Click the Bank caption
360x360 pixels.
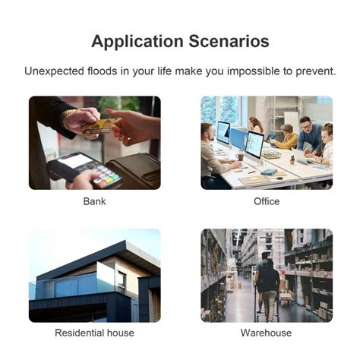coord(95,201)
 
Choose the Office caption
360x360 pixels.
coord(267,201)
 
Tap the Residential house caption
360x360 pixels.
coord(95,333)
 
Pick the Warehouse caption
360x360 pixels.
coord(266,333)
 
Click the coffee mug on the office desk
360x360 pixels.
coord(240,156)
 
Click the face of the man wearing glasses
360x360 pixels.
coord(305,125)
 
